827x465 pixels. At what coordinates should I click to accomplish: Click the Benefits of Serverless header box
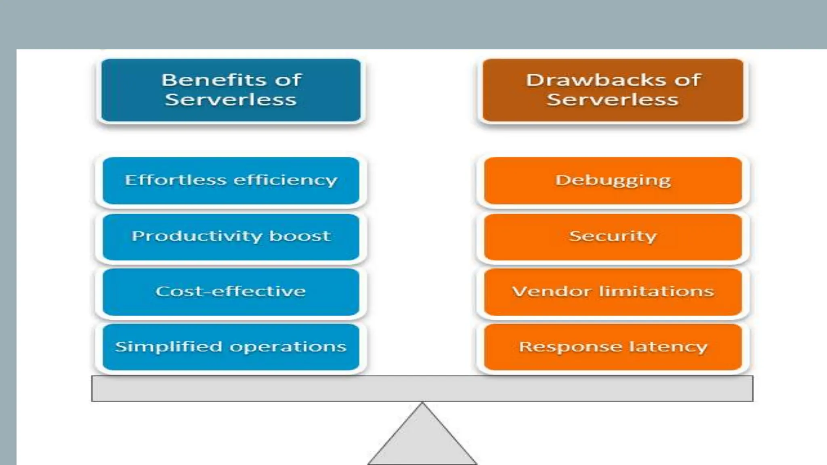[x=231, y=90]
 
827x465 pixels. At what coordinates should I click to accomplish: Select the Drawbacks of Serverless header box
[x=613, y=90]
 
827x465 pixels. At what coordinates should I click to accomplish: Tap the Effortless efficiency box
[x=231, y=180]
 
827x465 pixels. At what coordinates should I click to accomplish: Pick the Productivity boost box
[x=231, y=237]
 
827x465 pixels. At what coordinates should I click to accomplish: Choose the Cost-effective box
[x=231, y=291]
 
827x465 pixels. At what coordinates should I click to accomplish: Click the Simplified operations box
[x=231, y=347]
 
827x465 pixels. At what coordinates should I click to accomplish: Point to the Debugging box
[x=613, y=180]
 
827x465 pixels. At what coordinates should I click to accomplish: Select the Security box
[x=613, y=237]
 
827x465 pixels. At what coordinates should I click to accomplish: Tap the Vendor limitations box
[x=613, y=291]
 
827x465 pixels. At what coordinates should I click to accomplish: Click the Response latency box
[x=613, y=347]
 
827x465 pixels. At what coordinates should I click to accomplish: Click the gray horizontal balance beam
[x=422, y=388]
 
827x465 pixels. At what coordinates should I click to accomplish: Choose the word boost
[x=300, y=236]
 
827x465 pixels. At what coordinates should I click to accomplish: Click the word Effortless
[x=175, y=180]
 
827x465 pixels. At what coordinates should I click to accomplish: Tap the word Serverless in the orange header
[x=613, y=100]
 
